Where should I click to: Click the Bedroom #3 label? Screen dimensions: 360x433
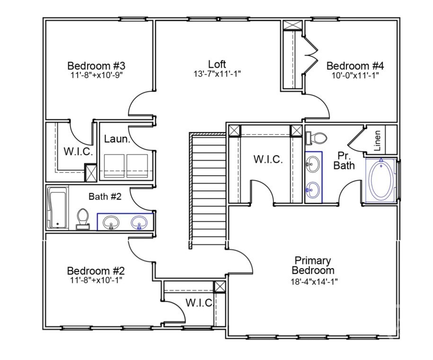pos(96,65)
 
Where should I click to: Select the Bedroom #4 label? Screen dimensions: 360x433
pos(355,66)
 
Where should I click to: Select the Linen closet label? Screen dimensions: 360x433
pos(377,140)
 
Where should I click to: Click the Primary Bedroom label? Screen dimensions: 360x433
pos(312,265)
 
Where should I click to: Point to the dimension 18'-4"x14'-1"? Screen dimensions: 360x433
pos(314,281)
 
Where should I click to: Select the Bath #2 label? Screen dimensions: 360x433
pos(105,196)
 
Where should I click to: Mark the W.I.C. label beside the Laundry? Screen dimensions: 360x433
pos(78,152)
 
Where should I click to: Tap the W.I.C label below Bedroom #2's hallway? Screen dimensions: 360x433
pos(199,303)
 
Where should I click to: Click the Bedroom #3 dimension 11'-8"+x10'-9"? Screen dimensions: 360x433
pos(96,74)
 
